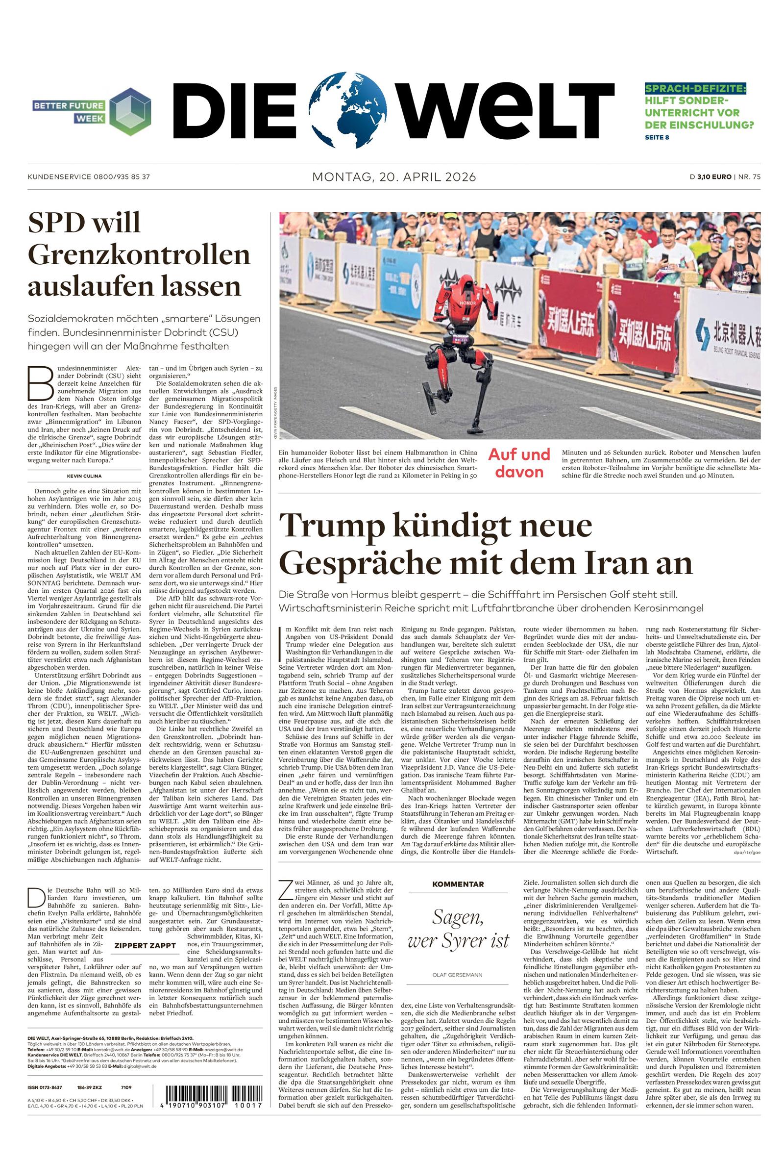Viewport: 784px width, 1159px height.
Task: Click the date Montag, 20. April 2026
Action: pyautogui.click(x=394, y=176)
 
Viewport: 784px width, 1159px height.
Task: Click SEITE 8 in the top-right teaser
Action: pyautogui.click(x=657, y=138)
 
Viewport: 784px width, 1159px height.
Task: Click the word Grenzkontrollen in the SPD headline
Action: pyautogui.click(x=139, y=255)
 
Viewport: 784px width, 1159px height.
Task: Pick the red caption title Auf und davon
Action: pyautogui.click(x=519, y=462)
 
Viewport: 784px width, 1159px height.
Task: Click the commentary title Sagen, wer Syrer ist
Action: pyautogui.click(x=458, y=929)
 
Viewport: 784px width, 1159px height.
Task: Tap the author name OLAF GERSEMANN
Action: pyautogui.click(x=458, y=974)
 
